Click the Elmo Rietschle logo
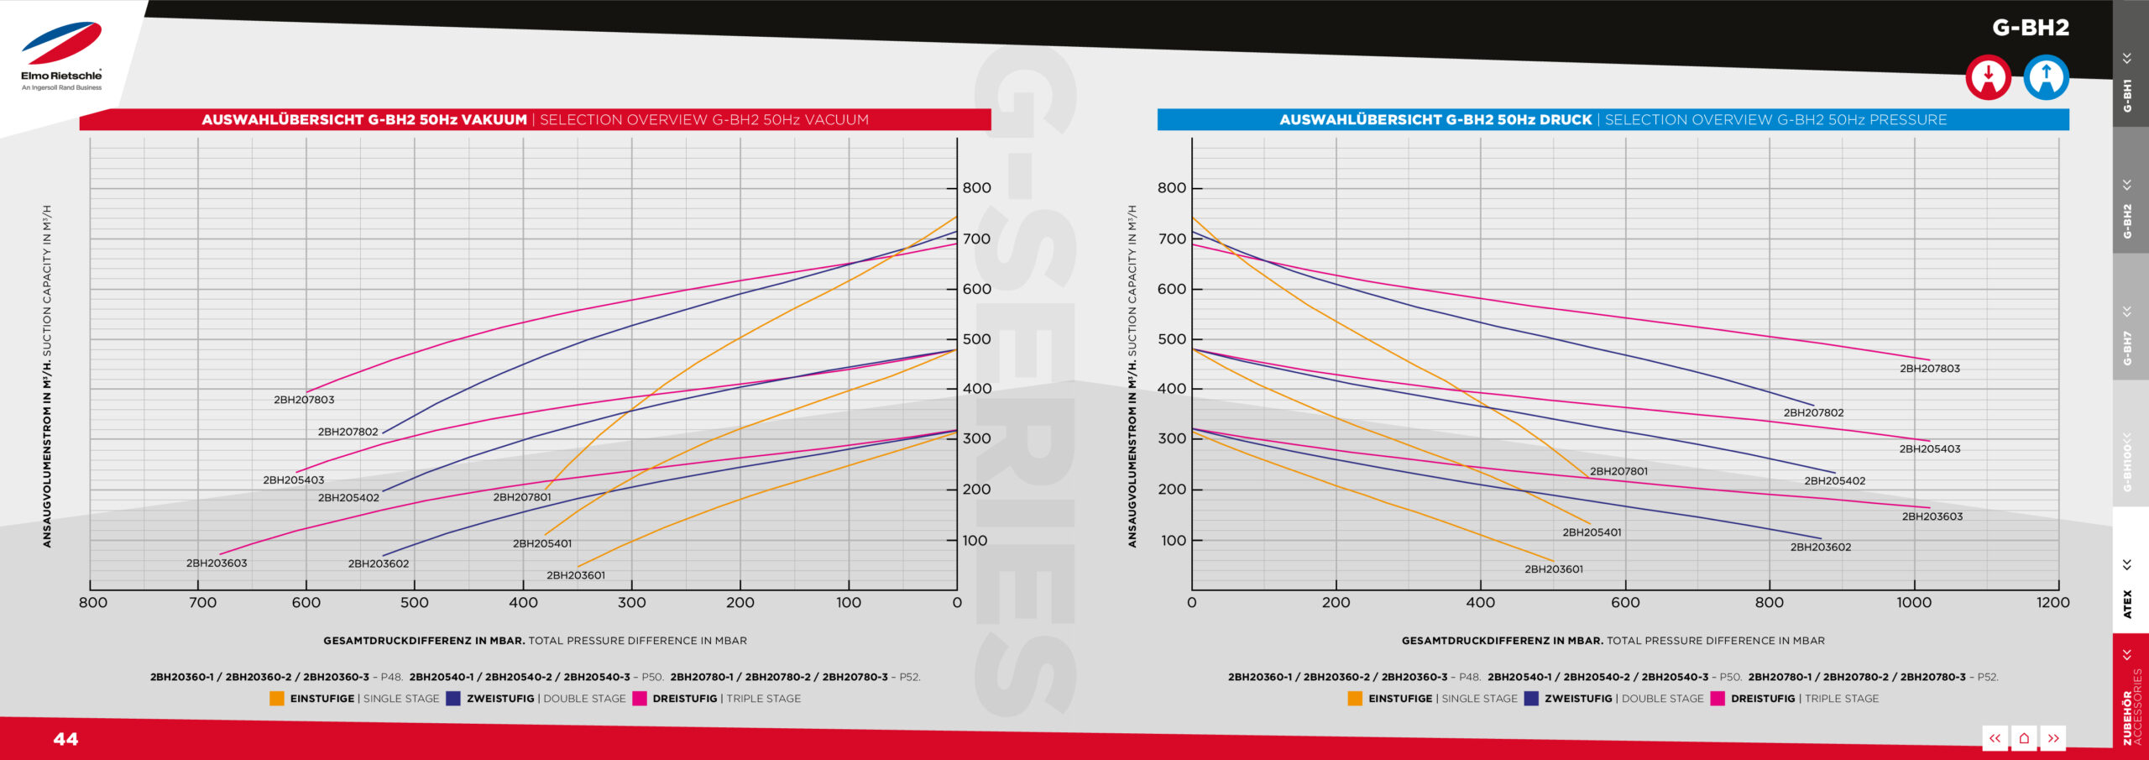[61, 55]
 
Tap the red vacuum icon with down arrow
[1988, 77]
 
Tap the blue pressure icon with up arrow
[2046, 77]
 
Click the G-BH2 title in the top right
[2030, 28]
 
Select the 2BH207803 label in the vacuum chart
[304, 400]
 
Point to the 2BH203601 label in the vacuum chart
[575, 575]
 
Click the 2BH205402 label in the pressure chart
[1834, 481]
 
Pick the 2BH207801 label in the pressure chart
[1618, 471]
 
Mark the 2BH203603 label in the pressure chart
[1932, 516]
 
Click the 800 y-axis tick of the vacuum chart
[976, 188]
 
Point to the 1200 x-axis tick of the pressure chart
[2052, 602]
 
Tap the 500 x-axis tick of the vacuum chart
[415, 602]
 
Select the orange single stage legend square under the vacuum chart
[277, 699]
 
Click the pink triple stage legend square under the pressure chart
[1718, 699]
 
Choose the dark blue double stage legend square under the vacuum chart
[453, 699]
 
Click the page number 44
[65, 739]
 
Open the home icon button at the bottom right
[2024, 738]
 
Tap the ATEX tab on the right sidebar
[2127, 603]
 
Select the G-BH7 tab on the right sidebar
[2127, 347]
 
